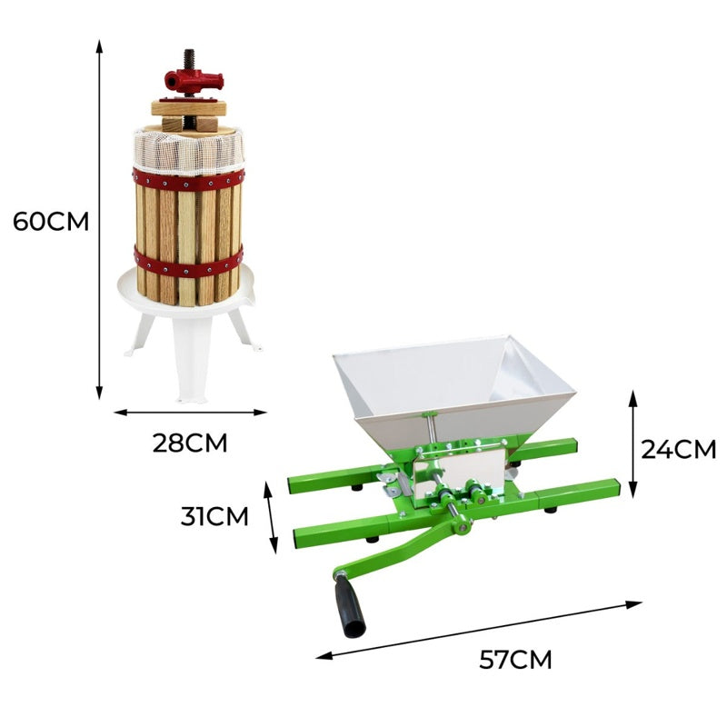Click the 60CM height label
tap(51, 221)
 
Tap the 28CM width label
tap(189, 443)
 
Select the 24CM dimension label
tap(679, 449)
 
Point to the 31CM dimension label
tap(214, 516)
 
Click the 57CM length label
tap(515, 659)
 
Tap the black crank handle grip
tap(350, 604)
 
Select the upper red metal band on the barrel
tap(189, 176)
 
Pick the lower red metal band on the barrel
tap(188, 263)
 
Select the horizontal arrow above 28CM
tap(190, 412)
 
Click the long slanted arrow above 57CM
tap(479, 629)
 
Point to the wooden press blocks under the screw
tap(188, 114)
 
